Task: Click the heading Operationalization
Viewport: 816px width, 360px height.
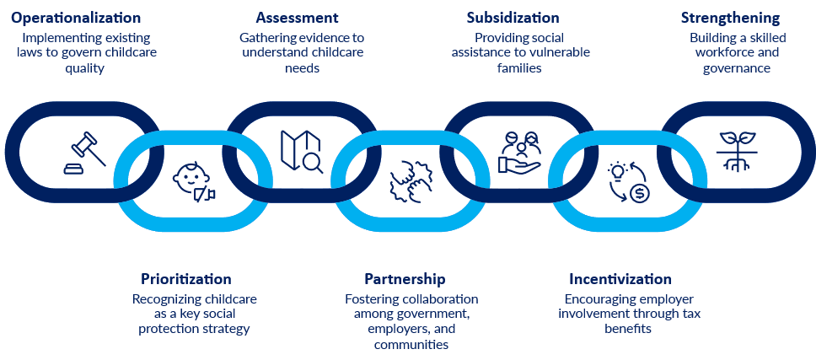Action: [x=76, y=18]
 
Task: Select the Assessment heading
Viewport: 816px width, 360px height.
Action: [x=298, y=18]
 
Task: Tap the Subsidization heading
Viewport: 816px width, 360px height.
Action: [x=513, y=18]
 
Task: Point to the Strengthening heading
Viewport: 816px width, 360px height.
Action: [x=730, y=18]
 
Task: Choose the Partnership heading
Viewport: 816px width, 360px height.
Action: [x=405, y=279]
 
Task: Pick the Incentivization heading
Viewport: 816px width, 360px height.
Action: [x=620, y=279]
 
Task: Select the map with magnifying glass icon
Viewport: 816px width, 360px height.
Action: [x=301, y=152]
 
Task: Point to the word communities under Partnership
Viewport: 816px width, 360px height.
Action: [x=411, y=344]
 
